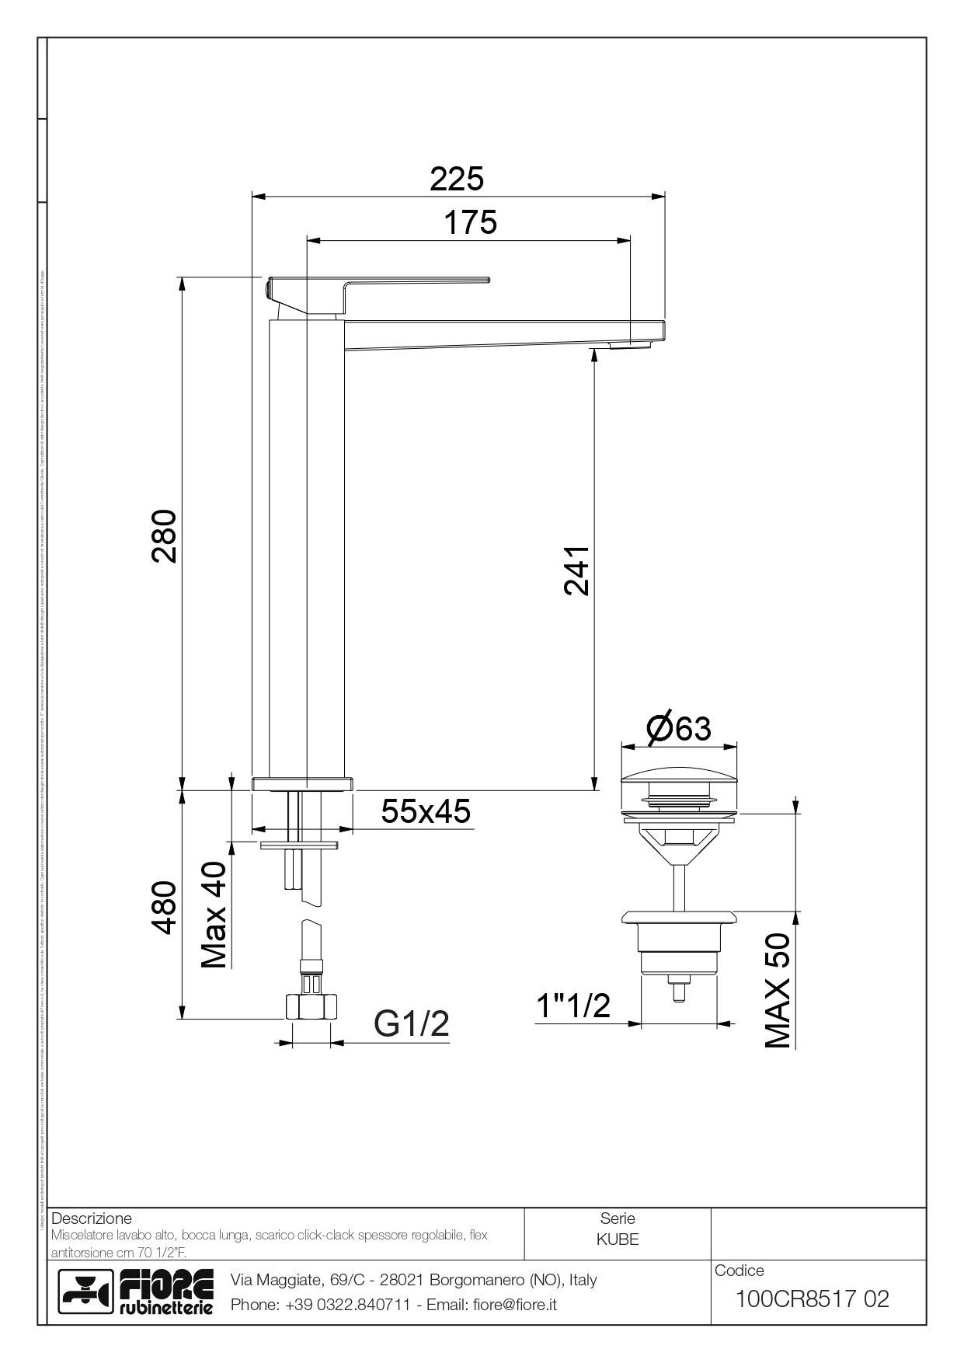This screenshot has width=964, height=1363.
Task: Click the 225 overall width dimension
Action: (457, 179)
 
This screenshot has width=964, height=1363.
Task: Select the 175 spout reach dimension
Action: (470, 223)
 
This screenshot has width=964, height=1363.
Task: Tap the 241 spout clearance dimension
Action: (576, 570)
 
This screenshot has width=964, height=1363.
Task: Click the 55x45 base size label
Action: (426, 811)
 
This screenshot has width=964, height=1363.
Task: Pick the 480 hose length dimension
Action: (165, 907)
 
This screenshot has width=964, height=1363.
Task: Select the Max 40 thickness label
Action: (214, 915)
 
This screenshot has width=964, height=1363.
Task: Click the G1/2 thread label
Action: (412, 1023)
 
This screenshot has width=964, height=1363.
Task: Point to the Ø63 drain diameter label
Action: (678, 728)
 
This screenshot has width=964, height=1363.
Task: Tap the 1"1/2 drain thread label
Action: (573, 1006)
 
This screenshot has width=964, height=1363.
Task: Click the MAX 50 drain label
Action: (778, 989)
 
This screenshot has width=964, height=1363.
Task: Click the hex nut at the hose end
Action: (311, 1007)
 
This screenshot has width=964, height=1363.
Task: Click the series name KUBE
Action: (618, 1239)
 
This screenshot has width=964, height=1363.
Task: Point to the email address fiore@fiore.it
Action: (515, 1305)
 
